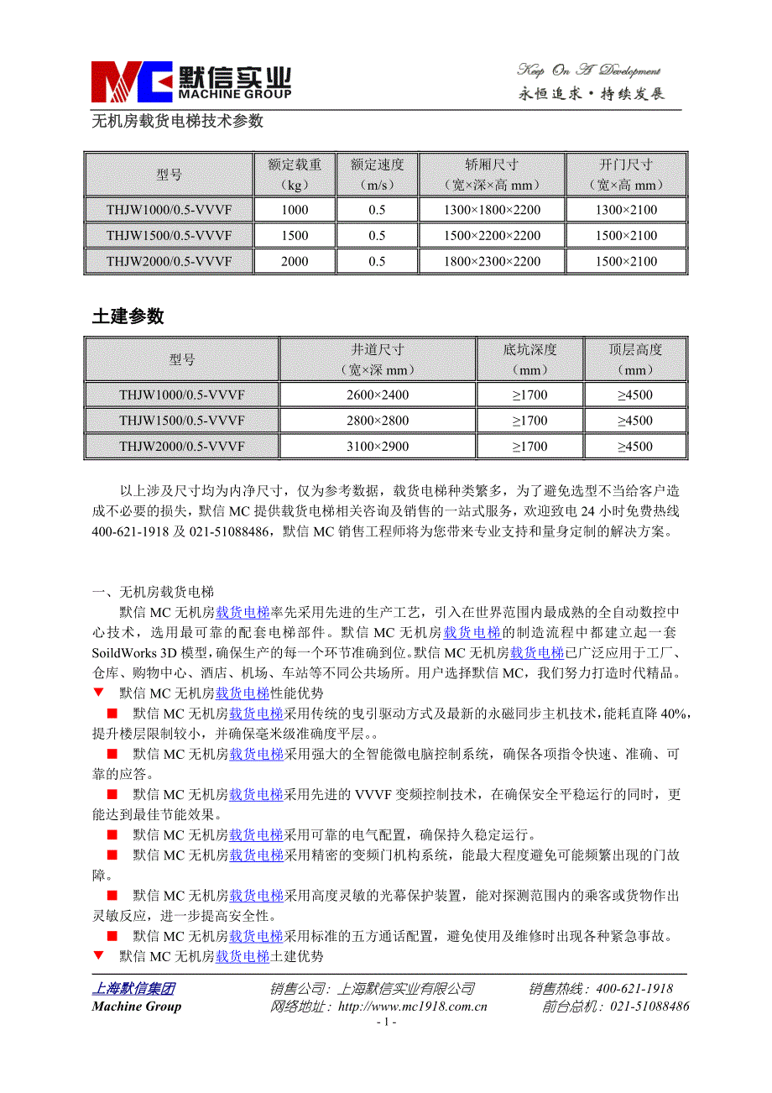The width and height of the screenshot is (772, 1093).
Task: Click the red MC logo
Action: [131, 81]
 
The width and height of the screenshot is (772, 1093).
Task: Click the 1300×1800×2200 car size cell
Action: [492, 210]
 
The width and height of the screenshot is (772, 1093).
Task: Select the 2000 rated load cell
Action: [295, 261]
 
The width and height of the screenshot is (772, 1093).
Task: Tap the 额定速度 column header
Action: [377, 175]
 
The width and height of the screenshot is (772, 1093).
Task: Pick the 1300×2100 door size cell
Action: [626, 210]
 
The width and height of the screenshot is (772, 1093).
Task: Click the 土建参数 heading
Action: [128, 316]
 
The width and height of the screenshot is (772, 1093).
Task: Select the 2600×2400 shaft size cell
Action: [378, 395]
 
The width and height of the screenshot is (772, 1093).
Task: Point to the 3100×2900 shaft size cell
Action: [378, 447]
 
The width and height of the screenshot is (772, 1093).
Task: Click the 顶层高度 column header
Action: [635, 358]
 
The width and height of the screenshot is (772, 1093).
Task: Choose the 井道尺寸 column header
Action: [378, 358]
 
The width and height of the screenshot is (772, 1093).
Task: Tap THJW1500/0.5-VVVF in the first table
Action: [169, 236]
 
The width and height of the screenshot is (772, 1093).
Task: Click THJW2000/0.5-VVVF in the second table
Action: [181, 447]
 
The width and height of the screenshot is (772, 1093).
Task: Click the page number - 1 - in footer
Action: [386, 1022]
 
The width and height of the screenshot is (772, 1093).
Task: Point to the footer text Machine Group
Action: [136, 1007]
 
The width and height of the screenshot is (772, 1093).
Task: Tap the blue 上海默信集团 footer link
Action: [133, 989]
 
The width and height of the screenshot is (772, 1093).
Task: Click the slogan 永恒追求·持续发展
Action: [592, 94]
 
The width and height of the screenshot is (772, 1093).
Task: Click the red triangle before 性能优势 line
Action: [98, 693]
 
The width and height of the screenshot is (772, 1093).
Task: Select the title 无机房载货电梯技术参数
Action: [177, 121]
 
